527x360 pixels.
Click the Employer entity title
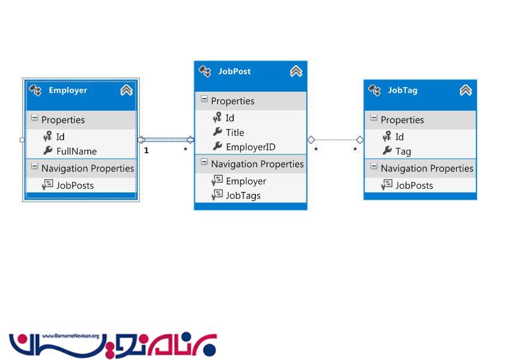click(68, 90)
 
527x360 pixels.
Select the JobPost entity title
click(234, 71)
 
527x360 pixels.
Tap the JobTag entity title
click(403, 90)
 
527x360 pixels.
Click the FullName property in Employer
click(76, 151)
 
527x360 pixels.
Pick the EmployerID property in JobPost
click(251, 147)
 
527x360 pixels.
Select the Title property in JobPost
click(235, 132)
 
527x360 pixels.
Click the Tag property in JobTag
click(403, 152)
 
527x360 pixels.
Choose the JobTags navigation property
click(243, 195)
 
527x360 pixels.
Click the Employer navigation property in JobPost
click(246, 181)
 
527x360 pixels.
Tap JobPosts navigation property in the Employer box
click(75, 185)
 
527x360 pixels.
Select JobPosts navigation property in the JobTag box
click(414, 185)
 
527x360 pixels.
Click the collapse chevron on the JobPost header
click(296, 71)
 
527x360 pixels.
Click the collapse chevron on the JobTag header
click(465, 90)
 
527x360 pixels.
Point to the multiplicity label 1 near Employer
click(146, 150)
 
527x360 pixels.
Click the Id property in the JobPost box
click(230, 118)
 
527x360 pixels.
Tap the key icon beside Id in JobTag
click(387, 136)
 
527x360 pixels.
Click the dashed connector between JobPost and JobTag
click(335, 140)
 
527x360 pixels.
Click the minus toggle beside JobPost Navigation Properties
click(204, 162)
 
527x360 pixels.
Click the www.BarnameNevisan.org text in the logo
click(71, 336)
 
